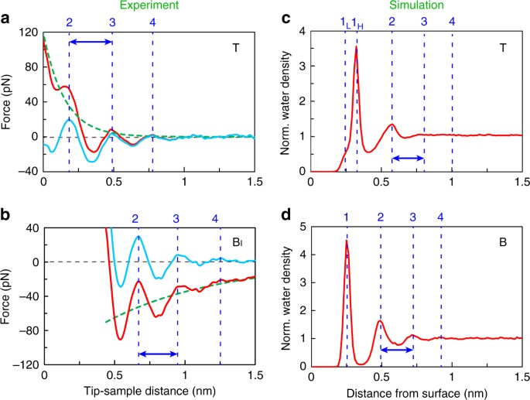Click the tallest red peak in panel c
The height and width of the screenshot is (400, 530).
[356, 48]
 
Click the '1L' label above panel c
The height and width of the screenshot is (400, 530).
[344, 23]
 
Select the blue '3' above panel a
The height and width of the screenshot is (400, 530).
[112, 22]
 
